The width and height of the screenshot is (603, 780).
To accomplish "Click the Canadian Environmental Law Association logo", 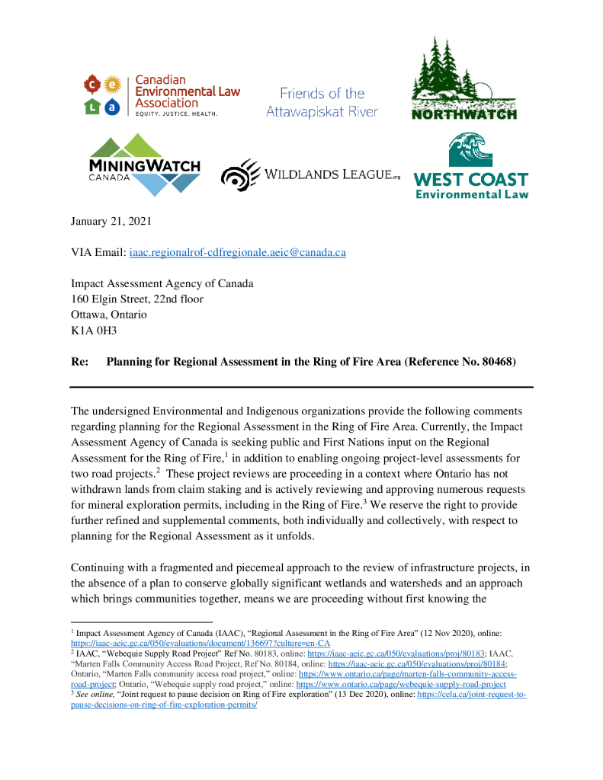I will (162, 95).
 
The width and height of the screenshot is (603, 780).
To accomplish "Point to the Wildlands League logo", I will (310, 174).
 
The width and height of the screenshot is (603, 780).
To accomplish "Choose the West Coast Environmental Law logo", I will (470, 166).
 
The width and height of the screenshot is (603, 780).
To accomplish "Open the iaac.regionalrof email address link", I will (237, 252).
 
